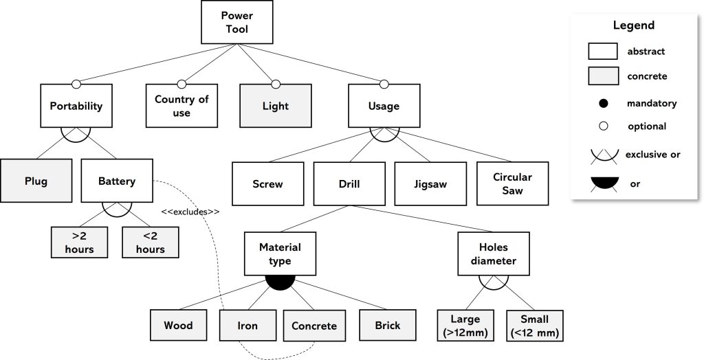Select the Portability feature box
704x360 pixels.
point(76,106)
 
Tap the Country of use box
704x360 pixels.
point(181,106)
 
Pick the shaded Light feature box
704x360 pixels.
point(276,106)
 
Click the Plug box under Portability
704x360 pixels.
point(36,182)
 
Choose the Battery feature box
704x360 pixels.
point(117,182)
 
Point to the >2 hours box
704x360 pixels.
point(80,241)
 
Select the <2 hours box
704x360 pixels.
point(150,241)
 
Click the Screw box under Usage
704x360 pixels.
point(267,184)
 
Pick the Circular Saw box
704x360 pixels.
point(512,184)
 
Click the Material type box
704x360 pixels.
point(280,253)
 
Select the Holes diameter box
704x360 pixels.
point(493,253)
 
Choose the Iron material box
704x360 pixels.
point(247,326)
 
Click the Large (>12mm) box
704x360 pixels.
point(465,326)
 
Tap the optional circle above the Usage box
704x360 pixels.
point(384,85)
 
